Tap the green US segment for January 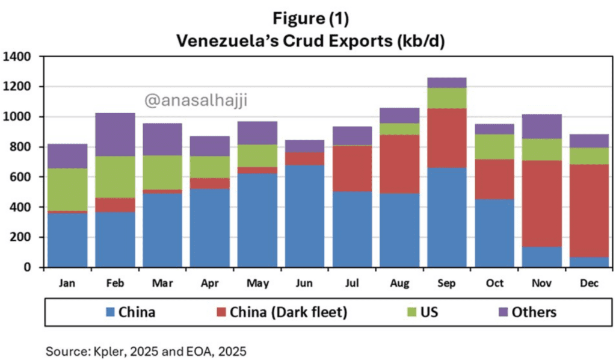67,189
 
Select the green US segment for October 494,146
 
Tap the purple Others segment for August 399,116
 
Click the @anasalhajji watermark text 196,101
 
